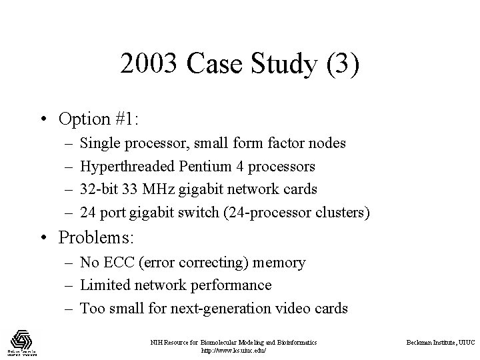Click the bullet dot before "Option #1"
click(x=43, y=120)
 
